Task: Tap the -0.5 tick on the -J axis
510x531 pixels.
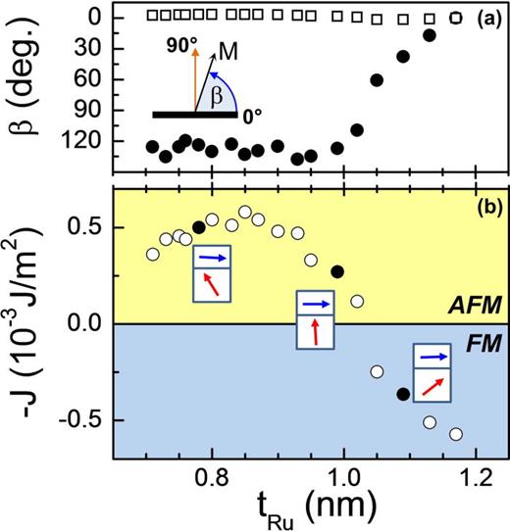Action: click(83, 419)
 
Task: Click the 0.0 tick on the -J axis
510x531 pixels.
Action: click(88, 323)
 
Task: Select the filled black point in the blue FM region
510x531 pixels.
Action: click(401, 394)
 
